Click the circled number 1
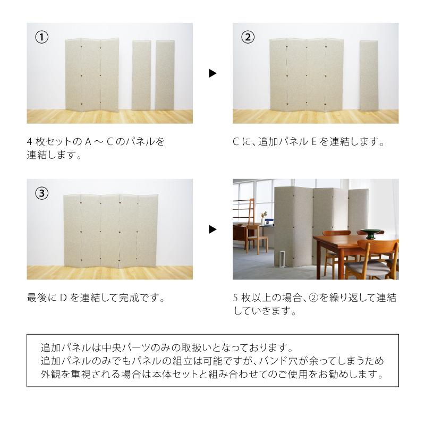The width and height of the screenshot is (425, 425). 42,37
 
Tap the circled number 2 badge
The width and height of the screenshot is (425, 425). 248,37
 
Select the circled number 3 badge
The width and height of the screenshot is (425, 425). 42,193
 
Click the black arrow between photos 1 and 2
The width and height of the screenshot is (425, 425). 212,73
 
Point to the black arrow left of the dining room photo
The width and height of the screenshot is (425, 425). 212,229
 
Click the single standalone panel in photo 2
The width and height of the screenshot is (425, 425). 369,75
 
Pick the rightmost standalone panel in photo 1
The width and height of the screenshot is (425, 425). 165,75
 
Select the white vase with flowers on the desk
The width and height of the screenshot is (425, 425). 263,219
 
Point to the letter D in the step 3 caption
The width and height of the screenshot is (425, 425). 62,298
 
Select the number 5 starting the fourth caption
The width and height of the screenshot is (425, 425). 236,298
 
